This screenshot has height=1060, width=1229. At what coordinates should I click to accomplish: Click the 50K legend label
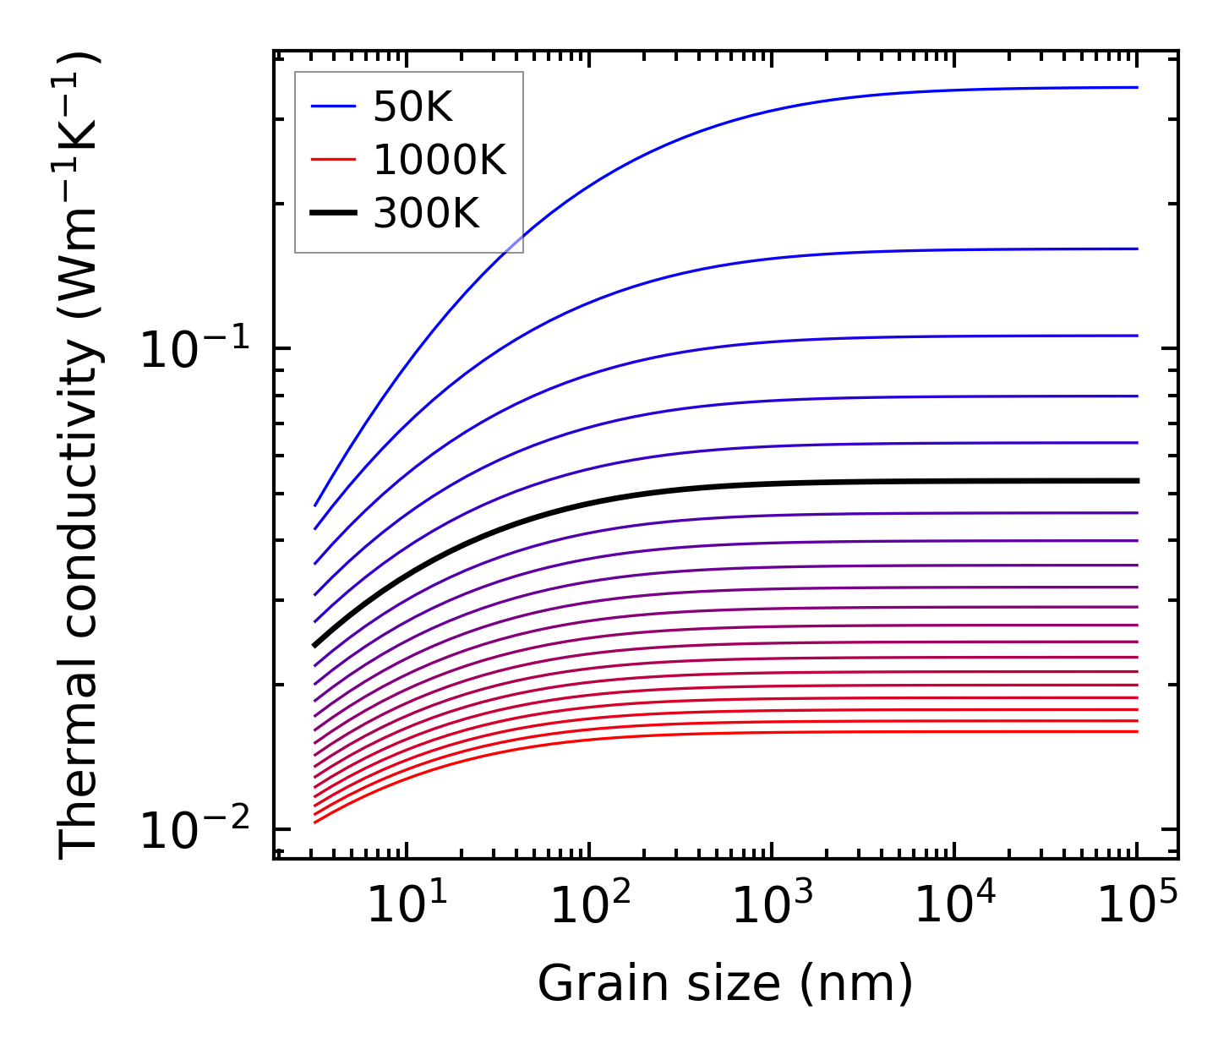click(412, 107)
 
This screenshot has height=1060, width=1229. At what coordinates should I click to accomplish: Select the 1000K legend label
click(440, 160)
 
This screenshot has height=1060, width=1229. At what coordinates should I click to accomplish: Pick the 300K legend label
click(426, 214)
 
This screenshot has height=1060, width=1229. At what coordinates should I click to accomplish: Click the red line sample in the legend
click(334, 160)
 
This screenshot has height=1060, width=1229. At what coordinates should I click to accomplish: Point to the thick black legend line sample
click(334, 214)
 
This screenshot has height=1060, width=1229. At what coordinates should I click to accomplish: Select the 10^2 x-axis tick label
click(590, 906)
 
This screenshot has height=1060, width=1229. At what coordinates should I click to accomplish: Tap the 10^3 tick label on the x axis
click(772, 906)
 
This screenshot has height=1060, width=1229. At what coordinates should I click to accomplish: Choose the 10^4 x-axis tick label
click(955, 906)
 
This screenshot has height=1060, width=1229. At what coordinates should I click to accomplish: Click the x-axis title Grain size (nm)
click(725, 984)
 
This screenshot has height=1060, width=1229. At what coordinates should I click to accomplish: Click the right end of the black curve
click(1137, 481)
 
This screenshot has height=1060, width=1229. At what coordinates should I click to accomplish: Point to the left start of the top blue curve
click(315, 505)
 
